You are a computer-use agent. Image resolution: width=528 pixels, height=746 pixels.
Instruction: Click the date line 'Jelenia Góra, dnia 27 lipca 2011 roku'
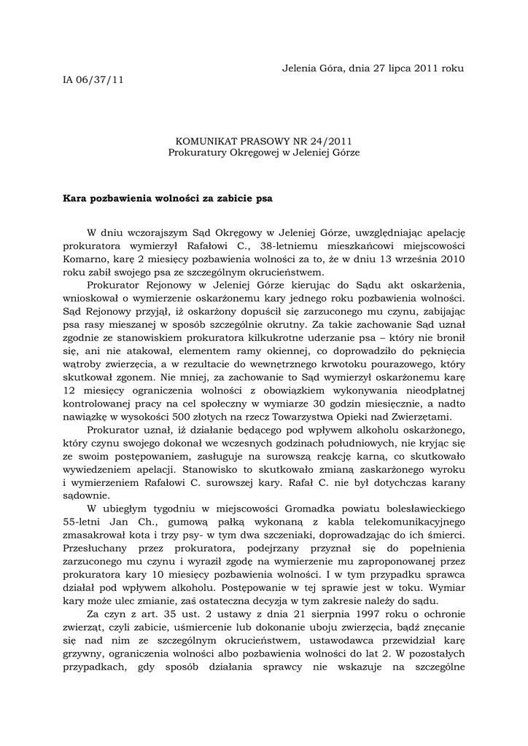(373, 68)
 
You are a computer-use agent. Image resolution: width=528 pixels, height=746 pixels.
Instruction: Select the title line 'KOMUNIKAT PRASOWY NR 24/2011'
(263, 141)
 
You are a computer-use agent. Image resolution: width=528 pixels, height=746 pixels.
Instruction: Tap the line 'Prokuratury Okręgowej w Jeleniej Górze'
(263, 152)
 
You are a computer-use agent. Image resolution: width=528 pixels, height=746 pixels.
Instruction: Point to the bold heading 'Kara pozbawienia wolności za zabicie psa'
(168, 197)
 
